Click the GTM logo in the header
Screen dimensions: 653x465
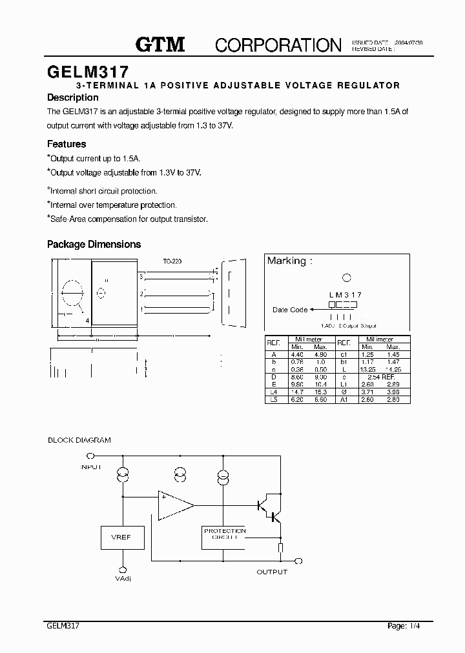(160, 45)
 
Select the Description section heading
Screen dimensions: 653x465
(73, 97)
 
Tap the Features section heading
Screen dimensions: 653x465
(67, 144)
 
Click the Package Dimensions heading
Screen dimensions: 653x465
(94, 245)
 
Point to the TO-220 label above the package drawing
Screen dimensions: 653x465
(172, 261)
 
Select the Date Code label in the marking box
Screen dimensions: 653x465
(289, 310)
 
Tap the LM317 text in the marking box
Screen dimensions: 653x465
(345, 294)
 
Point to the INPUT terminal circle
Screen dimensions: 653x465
(90, 456)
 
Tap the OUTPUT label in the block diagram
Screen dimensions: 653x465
(272, 572)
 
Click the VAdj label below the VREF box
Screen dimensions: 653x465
(123, 579)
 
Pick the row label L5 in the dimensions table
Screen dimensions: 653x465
(274, 400)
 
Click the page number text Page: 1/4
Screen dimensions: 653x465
(408, 625)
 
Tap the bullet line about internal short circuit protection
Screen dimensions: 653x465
(103, 191)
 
